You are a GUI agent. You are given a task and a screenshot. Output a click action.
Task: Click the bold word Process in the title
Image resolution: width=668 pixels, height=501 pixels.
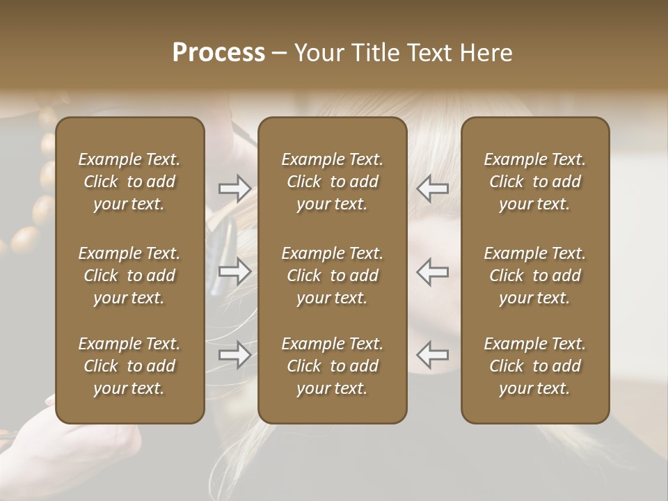[218, 53]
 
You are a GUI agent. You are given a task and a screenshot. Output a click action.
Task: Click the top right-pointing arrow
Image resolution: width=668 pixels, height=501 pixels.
[234, 188]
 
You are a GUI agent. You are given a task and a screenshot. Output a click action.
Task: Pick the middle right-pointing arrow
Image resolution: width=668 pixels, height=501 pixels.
[234, 271]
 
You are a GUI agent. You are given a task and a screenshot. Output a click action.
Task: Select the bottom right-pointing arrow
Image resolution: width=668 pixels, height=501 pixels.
[234, 355]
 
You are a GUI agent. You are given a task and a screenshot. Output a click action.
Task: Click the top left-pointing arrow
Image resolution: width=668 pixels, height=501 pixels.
[433, 188]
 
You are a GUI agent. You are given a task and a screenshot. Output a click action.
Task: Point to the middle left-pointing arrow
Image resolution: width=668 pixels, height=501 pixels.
[433, 271]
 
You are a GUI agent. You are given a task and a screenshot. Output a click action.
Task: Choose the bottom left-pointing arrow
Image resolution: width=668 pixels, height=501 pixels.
[433, 355]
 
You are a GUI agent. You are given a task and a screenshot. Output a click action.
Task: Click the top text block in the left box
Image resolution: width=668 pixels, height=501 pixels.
[129, 182]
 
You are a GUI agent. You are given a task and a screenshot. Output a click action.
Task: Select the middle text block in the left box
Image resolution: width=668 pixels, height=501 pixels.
[129, 276]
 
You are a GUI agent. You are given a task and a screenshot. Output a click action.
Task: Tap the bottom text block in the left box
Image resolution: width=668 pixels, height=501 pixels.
[129, 366]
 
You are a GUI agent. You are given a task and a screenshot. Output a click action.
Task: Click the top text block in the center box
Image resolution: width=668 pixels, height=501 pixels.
[333, 182]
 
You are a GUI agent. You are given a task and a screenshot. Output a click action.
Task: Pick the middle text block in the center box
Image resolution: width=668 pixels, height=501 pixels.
[333, 276]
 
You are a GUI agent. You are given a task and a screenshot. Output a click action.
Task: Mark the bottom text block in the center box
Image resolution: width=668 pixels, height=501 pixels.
[333, 366]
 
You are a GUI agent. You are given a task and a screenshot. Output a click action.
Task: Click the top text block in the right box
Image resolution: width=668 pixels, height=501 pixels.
[535, 182]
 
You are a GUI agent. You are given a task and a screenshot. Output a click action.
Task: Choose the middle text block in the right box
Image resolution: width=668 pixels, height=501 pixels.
[535, 276]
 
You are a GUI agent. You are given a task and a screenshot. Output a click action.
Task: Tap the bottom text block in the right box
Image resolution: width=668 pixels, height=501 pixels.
[535, 366]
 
